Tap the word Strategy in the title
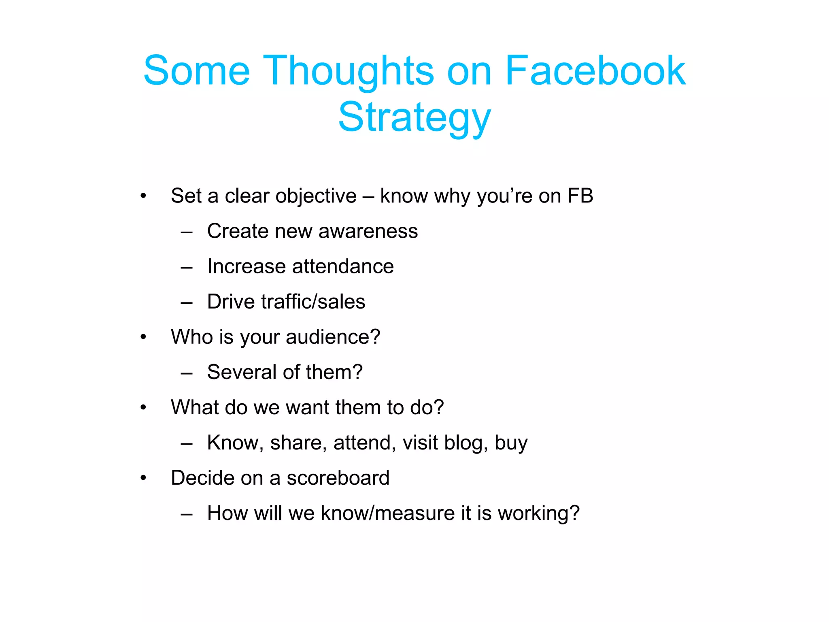point(414,117)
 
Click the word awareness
point(368,231)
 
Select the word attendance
point(343,266)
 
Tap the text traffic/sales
point(313,302)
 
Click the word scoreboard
point(338,478)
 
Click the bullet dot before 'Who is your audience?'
point(143,337)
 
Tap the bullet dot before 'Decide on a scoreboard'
point(143,478)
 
